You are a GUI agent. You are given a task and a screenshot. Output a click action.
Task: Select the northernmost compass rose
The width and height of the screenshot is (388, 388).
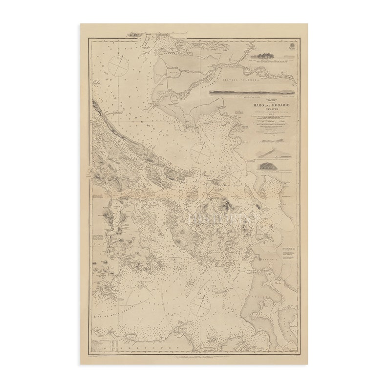click(x=118, y=65)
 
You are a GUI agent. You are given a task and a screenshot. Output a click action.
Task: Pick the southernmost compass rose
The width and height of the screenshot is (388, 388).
click(x=200, y=305)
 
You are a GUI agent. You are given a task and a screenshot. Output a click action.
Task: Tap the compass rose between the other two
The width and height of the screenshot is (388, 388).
click(x=200, y=153)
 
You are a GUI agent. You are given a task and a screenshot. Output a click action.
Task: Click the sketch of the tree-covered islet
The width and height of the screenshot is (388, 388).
click(x=263, y=56)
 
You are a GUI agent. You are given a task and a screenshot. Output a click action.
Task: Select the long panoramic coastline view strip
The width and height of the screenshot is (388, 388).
click(x=252, y=92)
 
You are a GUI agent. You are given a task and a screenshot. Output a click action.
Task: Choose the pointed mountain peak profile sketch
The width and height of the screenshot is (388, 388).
click(x=274, y=154)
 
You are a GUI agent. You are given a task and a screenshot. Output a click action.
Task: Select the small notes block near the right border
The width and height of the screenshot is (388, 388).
click(x=288, y=254)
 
